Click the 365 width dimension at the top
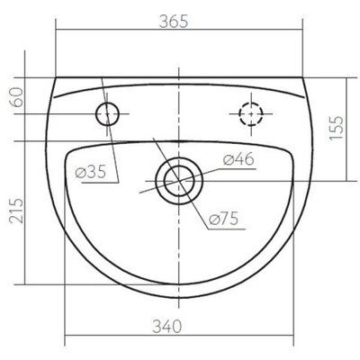click(x=174, y=22)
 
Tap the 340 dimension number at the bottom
click(x=167, y=326)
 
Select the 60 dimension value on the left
click(x=17, y=97)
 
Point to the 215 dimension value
click(x=16, y=211)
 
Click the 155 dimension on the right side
click(x=336, y=128)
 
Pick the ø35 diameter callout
click(x=91, y=172)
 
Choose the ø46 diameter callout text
click(x=238, y=159)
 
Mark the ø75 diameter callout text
click(x=223, y=219)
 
